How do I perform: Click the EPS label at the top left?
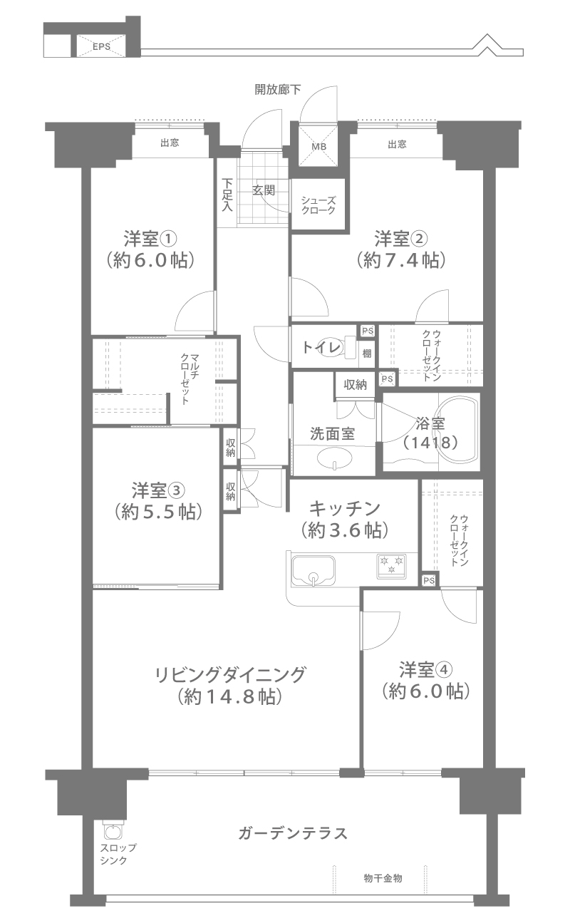click(x=101, y=46)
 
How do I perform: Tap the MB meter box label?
click(x=318, y=146)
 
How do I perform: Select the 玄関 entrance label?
click(x=264, y=190)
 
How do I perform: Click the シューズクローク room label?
click(x=318, y=205)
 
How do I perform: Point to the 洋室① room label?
click(x=150, y=239)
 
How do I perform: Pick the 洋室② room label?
click(x=401, y=239)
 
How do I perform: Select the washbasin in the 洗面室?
click(x=335, y=458)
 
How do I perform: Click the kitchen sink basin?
click(x=313, y=570)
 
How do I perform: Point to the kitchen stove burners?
click(x=392, y=564)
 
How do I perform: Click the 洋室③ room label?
click(x=159, y=490)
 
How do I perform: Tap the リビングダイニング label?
click(x=230, y=675)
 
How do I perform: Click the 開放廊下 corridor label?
click(x=278, y=89)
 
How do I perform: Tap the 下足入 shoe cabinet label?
click(x=227, y=195)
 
